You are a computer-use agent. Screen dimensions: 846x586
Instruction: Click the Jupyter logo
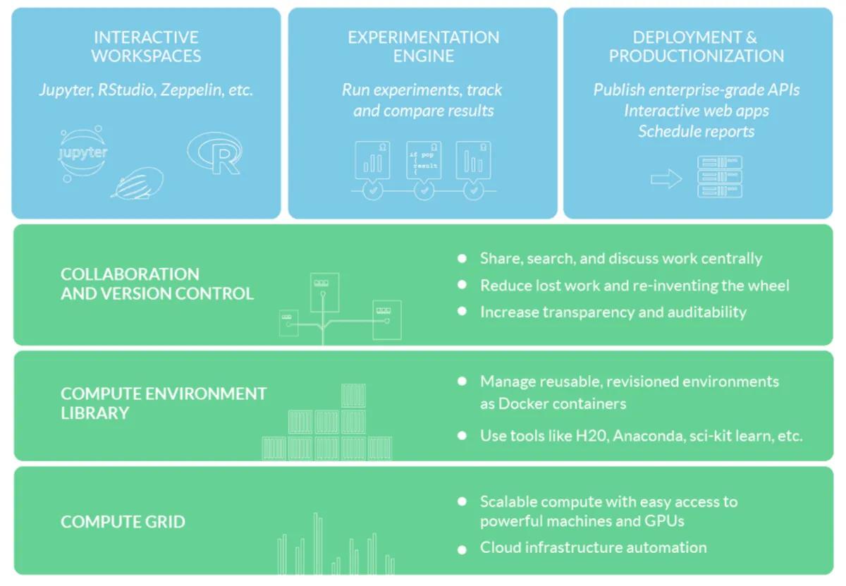point(83,152)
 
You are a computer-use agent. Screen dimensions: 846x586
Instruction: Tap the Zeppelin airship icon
point(137,183)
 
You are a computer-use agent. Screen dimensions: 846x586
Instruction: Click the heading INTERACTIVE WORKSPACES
point(146,47)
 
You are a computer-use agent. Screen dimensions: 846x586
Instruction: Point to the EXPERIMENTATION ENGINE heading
point(423,47)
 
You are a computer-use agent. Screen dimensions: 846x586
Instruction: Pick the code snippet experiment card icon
point(424,160)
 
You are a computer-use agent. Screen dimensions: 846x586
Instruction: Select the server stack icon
point(719,176)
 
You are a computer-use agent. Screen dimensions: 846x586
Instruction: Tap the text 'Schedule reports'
point(696,132)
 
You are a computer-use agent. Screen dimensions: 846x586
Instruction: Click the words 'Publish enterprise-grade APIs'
point(696,90)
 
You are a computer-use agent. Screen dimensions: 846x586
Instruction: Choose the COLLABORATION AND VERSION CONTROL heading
point(157,283)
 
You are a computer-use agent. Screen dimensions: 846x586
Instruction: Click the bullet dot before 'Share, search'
point(462,259)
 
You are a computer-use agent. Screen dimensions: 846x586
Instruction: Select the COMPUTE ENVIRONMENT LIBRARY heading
point(164,403)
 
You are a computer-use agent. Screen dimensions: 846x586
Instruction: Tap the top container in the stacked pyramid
point(353,396)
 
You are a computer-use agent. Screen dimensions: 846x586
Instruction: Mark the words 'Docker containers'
point(552,403)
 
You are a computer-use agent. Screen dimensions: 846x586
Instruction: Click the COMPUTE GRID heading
point(123,522)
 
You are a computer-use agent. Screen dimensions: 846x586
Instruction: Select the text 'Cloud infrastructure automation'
point(593,548)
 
